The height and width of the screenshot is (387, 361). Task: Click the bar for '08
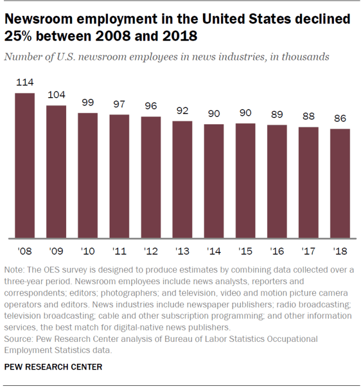point(24,166)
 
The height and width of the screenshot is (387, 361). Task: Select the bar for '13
point(182,179)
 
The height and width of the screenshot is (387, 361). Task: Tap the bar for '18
point(340,184)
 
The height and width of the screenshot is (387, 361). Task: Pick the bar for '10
point(88,175)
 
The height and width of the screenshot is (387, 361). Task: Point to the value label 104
point(56,95)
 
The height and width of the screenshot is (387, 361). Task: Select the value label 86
point(340,119)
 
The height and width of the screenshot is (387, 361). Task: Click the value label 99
point(88,103)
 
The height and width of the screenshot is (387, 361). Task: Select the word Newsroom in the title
point(40,19)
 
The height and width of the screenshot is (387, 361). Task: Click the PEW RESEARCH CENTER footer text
point(53,367)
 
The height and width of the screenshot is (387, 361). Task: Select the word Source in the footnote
point(18,338)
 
